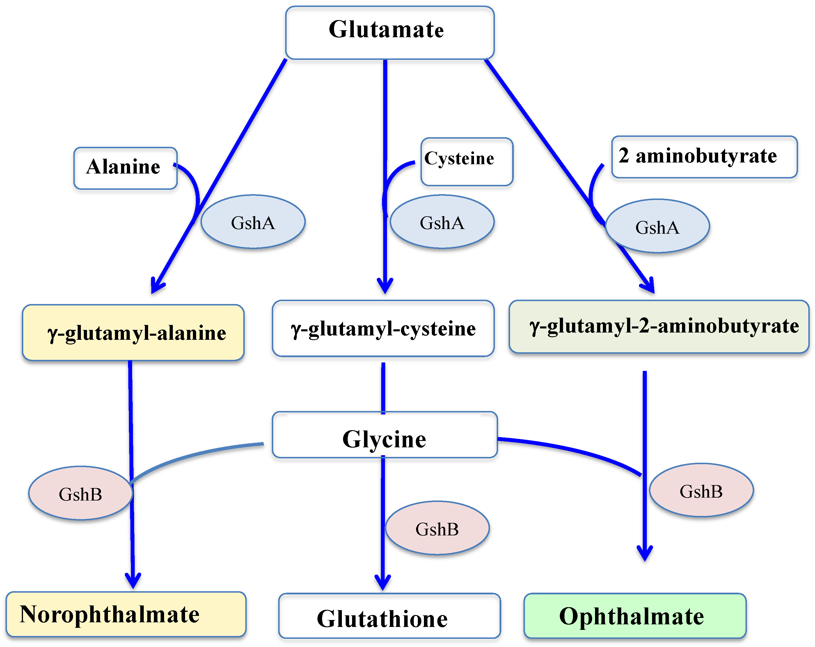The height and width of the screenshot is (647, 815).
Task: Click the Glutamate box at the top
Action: coord(389,32)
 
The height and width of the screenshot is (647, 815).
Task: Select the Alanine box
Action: coord(125,168)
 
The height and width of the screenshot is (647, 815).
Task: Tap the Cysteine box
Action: coord(467,162)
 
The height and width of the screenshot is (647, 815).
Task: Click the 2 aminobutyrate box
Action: coord(704,157)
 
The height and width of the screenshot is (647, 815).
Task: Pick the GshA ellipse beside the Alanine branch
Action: coord(253,222)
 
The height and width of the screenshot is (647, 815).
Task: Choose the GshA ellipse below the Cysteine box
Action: coord(442,222)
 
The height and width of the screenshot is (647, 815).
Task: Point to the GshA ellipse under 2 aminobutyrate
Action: coord(657,226)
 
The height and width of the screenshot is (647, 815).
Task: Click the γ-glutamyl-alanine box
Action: coord(133,333)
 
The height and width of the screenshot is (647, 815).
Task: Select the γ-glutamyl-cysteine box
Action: coord(383,328)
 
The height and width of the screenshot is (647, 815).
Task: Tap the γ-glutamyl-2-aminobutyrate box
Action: coord(659,327)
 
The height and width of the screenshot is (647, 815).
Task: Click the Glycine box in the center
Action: coord(384,435)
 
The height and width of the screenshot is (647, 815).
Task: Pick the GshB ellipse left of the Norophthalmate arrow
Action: coord(81,493)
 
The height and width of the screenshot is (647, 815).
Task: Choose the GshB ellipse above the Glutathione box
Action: coord(437,528)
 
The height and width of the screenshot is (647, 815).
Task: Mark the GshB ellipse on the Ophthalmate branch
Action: coord(701,490)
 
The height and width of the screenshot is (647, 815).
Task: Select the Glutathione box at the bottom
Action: coord(389,616)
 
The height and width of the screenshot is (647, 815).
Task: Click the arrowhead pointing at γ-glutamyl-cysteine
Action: coord(385,287)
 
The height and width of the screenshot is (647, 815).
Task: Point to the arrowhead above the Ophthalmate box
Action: coord(645,555)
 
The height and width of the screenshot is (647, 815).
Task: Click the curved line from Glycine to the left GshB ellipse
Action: coord(197,455)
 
